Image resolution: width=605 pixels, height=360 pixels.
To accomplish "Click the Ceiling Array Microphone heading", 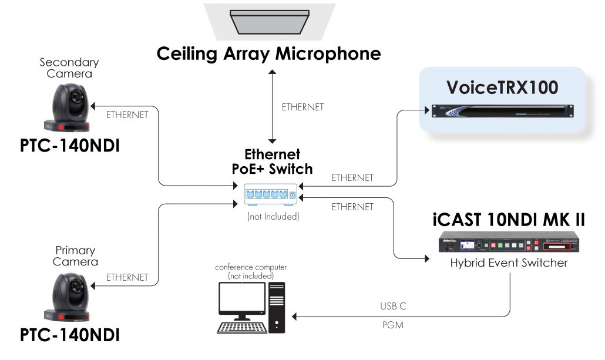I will click(x=268, y=54).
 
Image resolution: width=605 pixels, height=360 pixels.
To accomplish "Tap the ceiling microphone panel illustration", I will click(x=269, y=21).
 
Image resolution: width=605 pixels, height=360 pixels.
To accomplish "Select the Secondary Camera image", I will click(x=69, y=106).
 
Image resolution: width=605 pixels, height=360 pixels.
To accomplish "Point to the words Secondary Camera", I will click(x=69, y=68).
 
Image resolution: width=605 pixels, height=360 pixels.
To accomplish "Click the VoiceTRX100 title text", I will click(x=502, y=87).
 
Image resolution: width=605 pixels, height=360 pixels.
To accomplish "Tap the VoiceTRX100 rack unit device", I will click(x=502, y=110).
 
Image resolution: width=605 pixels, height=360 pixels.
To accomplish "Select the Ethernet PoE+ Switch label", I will click(x=271, y=162).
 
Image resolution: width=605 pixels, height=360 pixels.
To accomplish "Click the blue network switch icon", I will click(x=271, y=194).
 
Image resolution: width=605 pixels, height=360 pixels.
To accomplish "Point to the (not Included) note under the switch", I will click(x=273, y=217).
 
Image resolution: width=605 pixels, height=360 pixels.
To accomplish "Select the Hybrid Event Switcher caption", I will click(x=509, y=263).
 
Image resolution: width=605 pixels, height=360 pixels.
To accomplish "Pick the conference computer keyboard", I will click(x=239, y=327).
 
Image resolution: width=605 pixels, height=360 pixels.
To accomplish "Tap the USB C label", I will click(x=393, y=307).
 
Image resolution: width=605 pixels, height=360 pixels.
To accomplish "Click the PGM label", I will click(x=392, y=324).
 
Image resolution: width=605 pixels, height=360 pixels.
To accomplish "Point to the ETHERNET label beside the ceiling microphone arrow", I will click(x=302, y=107).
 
